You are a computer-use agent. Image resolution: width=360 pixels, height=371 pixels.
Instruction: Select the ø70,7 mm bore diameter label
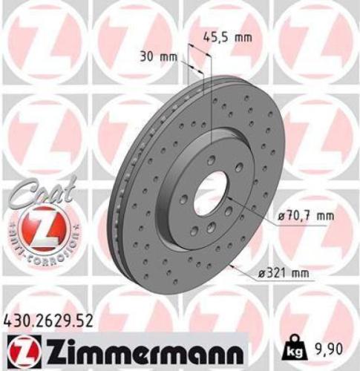click(304, 215)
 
